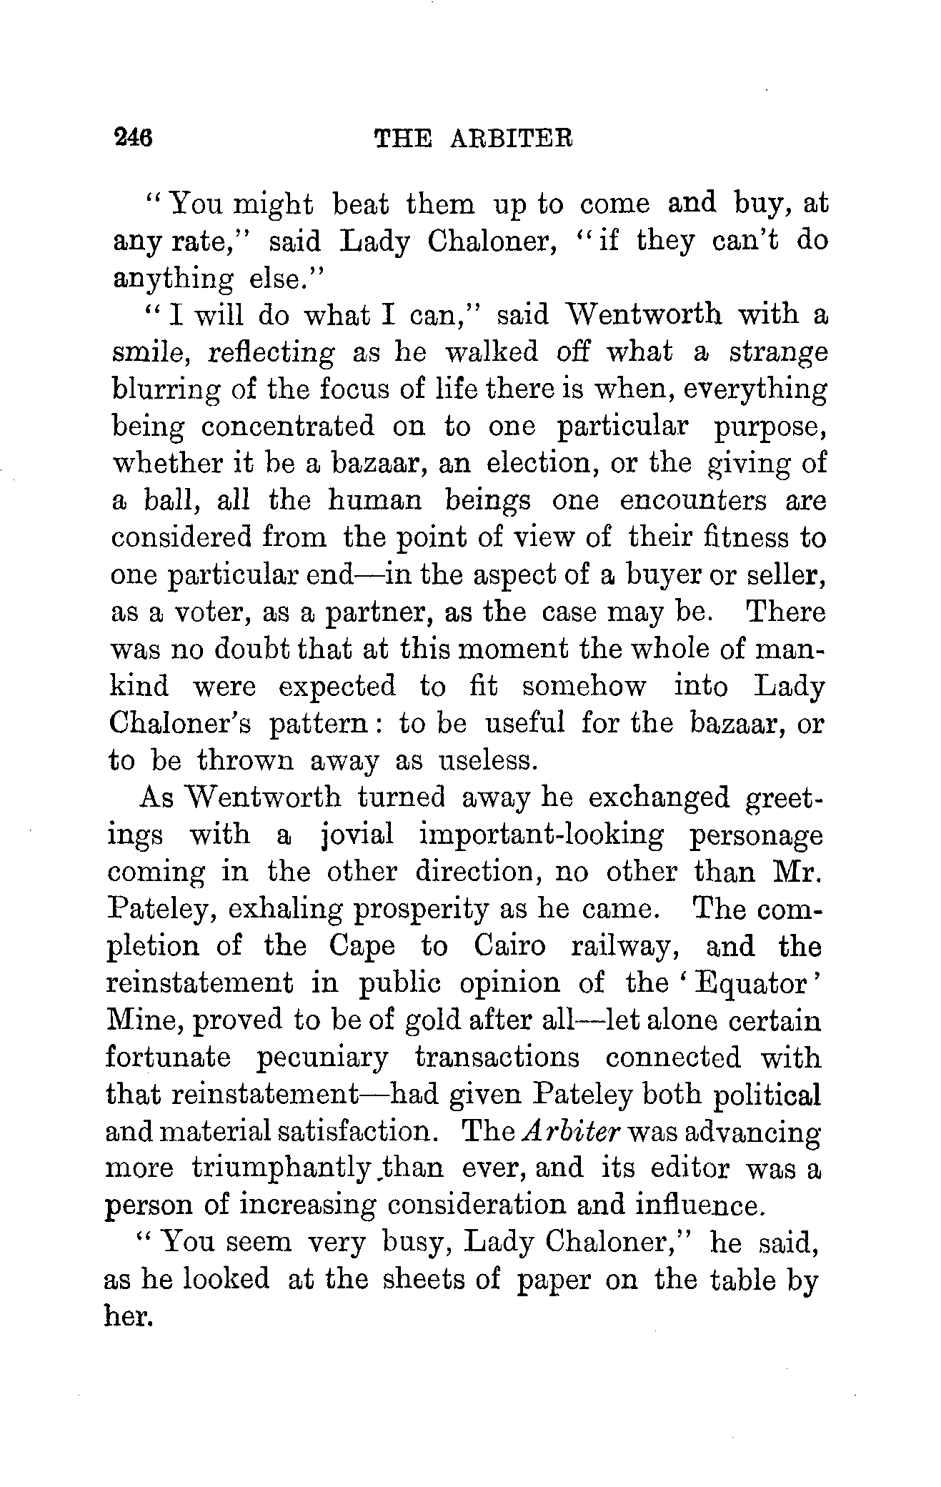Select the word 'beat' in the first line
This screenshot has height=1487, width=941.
[x=361, y=204]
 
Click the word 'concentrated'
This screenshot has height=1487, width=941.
[x=287, y=427]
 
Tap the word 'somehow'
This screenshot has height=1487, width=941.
[x=584, y=687]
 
